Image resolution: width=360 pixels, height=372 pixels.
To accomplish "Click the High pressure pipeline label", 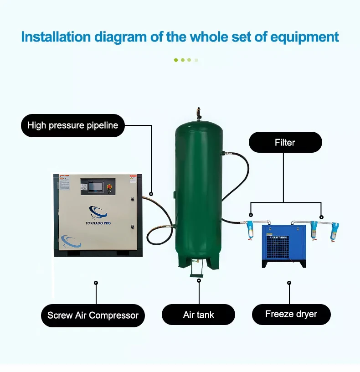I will (73, 125).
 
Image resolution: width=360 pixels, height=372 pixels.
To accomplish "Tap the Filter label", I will (285, 142).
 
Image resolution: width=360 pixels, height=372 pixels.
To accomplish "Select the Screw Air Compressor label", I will (93, 315).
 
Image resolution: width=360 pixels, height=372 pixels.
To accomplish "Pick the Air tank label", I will (199, 315).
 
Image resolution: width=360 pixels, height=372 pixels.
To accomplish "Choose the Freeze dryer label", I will (291, 314).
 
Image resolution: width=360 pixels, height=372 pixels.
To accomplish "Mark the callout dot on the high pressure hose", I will (151, 194).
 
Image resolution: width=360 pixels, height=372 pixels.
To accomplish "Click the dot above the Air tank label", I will (199, 281).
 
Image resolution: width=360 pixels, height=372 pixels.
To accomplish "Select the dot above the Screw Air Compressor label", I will (96, 283).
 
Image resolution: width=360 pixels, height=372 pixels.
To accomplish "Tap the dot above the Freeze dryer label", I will (289, 283).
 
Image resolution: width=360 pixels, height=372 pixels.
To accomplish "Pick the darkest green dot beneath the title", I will (176, 60).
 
